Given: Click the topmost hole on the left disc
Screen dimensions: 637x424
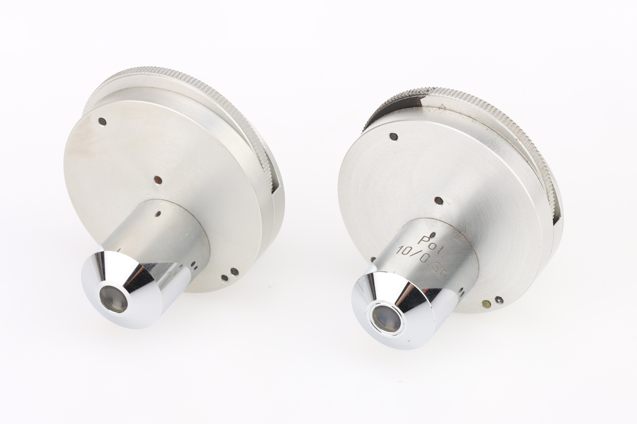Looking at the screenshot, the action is [x=102, y=122].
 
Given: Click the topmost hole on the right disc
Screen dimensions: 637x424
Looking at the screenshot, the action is [x=394, y=137].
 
